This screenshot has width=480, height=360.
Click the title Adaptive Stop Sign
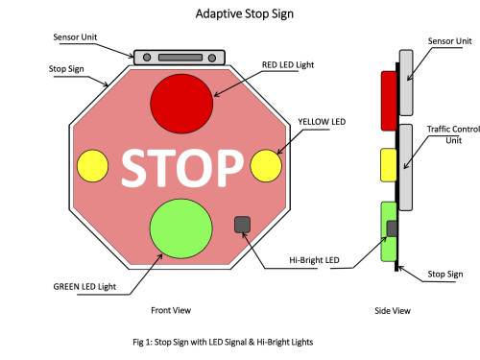[245, 14]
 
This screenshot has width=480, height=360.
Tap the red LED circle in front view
[181, 104]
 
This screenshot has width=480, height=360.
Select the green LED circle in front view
[180, 228]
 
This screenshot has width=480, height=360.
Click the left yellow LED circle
[92, 166]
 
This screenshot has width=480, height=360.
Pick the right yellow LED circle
[266, 166]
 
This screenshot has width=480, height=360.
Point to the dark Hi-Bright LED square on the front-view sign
[242, 225]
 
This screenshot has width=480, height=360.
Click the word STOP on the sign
[181, 168]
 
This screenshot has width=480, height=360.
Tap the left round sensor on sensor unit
[147, 58]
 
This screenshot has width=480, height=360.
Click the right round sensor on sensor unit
[212, 58]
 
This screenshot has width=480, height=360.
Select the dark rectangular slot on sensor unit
[180, 58]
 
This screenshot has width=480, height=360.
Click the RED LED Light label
[288, 65]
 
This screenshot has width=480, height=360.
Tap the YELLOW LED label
[322, 122]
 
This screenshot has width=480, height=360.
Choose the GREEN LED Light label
[84, 287]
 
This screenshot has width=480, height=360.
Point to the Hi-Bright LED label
[314, 260]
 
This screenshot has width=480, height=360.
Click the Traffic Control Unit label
[453, 134]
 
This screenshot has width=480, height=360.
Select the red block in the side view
[389, 101]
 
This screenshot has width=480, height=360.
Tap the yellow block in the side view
[389, 165]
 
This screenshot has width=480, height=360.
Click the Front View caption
[171, 310]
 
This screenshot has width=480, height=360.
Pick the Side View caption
[393, 311]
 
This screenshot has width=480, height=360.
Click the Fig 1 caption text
[223, 342]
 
